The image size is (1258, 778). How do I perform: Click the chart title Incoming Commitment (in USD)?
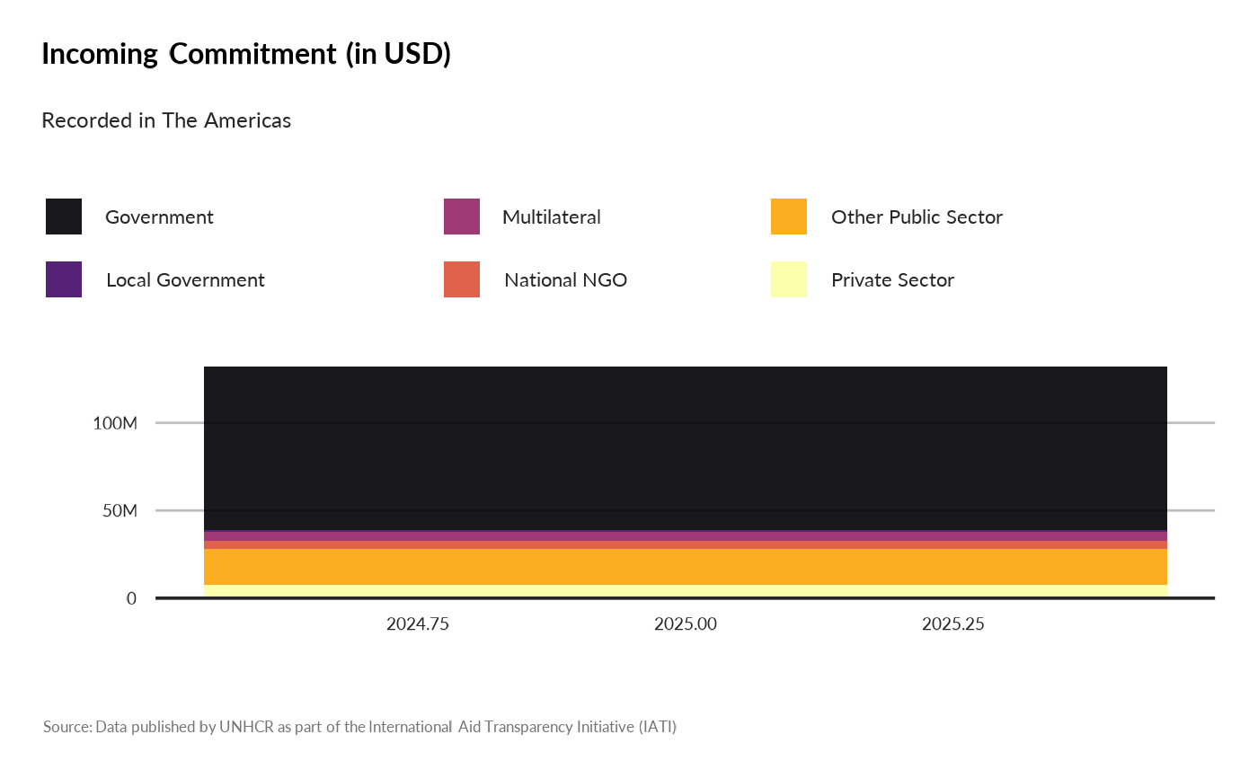(x=246, y=55)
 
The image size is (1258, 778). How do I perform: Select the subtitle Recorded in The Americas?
(x=166, y=120)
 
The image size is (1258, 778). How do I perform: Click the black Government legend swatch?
(x=64, y=217)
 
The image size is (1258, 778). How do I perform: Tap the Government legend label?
(x=159, y=217)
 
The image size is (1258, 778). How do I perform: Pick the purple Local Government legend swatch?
(x=64, y=279)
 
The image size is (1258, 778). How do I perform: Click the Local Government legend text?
(x=185, y=280)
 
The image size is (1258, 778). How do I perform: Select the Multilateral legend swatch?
(x=462, y=217)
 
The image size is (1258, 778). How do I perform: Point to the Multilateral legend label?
(x=552, y=217)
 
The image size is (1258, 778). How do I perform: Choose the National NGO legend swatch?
(x=462, y=279)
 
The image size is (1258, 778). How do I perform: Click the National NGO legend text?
(x=565, y=280)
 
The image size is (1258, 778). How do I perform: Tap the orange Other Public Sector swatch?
(x=789, y=217)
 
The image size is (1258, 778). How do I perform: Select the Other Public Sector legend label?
(x=917, y=217)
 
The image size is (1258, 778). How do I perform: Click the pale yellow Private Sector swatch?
(x=789, y=279)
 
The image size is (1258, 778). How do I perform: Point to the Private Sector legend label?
(x=892, y=280)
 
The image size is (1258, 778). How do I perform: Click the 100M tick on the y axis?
(x=115, y=423)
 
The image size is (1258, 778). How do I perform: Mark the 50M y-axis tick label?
(x=120, y=511)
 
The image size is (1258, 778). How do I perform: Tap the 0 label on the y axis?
(x=131, y=598)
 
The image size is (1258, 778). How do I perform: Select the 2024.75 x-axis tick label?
(x=418, y=624)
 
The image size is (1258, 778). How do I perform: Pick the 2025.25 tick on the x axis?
(x=953, y=624)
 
